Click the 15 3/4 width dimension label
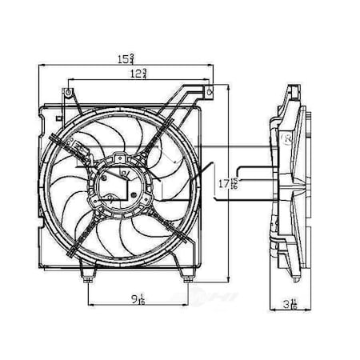[126, 59]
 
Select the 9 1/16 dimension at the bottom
[140, 302]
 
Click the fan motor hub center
[120, 189]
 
